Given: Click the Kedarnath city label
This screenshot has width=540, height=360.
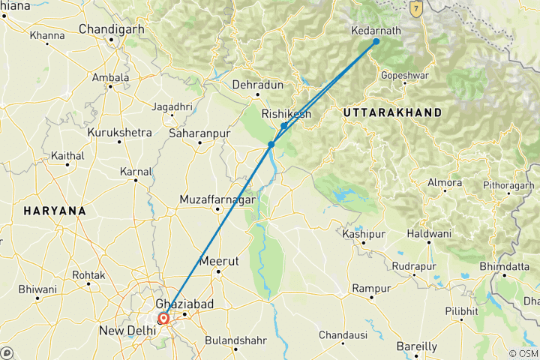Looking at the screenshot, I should (x=376, y=31).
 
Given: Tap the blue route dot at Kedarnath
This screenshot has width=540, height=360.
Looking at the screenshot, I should (x=376, y=41).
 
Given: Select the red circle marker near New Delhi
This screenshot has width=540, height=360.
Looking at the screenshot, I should (x=163, y=318).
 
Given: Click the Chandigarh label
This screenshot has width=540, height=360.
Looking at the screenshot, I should (x=111, y=30).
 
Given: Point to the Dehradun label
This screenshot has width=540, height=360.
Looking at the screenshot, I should (x=257, y=85).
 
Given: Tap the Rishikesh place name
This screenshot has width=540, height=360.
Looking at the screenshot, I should (x=286, y=114).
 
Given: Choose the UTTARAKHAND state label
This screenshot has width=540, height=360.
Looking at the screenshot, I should (x=391, y=112).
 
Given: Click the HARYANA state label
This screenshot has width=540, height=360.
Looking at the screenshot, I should (x=55, y=211).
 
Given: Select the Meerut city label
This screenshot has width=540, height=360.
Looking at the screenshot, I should (x=219, y=261).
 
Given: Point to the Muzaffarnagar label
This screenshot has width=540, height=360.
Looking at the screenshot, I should (x=217, y=200).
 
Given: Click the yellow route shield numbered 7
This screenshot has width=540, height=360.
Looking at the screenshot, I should (x=418, y=7).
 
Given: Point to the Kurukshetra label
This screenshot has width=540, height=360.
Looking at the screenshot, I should (x=119, y=133).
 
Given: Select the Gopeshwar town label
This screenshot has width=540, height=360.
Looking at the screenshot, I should (x=404, y=76).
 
